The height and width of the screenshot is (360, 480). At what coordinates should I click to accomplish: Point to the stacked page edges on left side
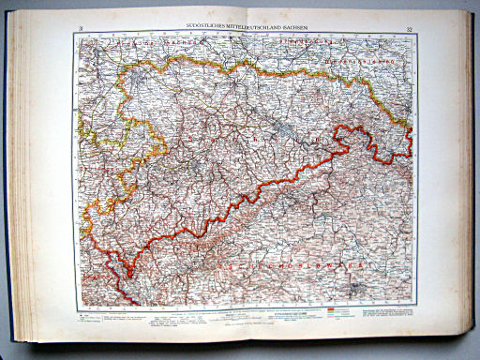pyautogui.click(x=26, y=187)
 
